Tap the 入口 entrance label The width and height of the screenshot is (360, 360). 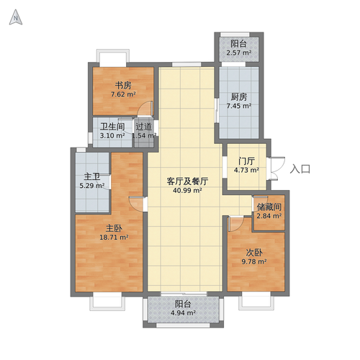[x=300, y=169]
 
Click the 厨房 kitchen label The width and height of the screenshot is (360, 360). [x=238, y=96]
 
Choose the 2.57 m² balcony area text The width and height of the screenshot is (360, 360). [x=238, y=53]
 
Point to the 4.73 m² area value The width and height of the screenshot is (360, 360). [x=246, y=171]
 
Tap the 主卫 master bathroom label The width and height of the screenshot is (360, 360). [x=91, y=176]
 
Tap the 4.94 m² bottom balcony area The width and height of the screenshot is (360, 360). [x=183, y=313]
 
